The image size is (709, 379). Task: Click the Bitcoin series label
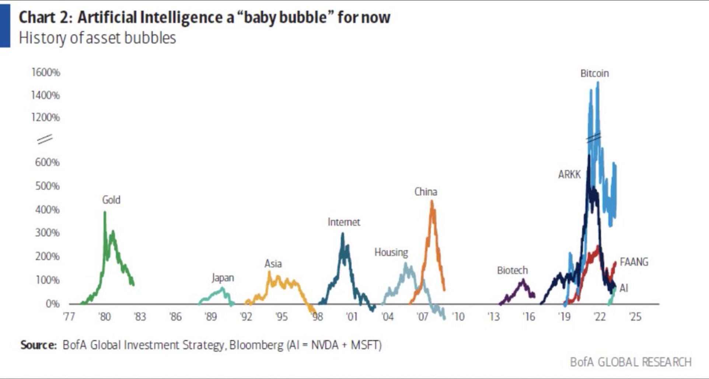[594, 73]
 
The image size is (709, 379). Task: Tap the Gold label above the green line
[111, 200]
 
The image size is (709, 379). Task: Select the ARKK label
[569, 174]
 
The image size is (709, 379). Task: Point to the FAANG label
[634, 262]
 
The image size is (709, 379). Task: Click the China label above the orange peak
[426, 192]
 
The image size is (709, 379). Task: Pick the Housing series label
[391, 252]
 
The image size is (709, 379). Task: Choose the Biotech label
[512, 270]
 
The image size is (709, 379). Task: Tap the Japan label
[223, 278]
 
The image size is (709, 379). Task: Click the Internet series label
[343, 222]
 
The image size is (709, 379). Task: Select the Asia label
[273, 264]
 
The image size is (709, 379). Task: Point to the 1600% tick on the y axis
[46, 72]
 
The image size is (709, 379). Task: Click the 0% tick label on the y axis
[52, 304]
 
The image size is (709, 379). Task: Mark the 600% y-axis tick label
[47, 162]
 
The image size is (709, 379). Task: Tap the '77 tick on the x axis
[69, 317]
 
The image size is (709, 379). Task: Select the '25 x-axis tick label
[635, 317]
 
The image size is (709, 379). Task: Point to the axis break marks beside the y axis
[45, 139]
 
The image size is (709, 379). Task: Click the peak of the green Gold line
[105, 212]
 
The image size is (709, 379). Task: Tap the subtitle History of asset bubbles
[97, 38]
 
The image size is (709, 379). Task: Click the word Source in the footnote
[38, 345]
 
